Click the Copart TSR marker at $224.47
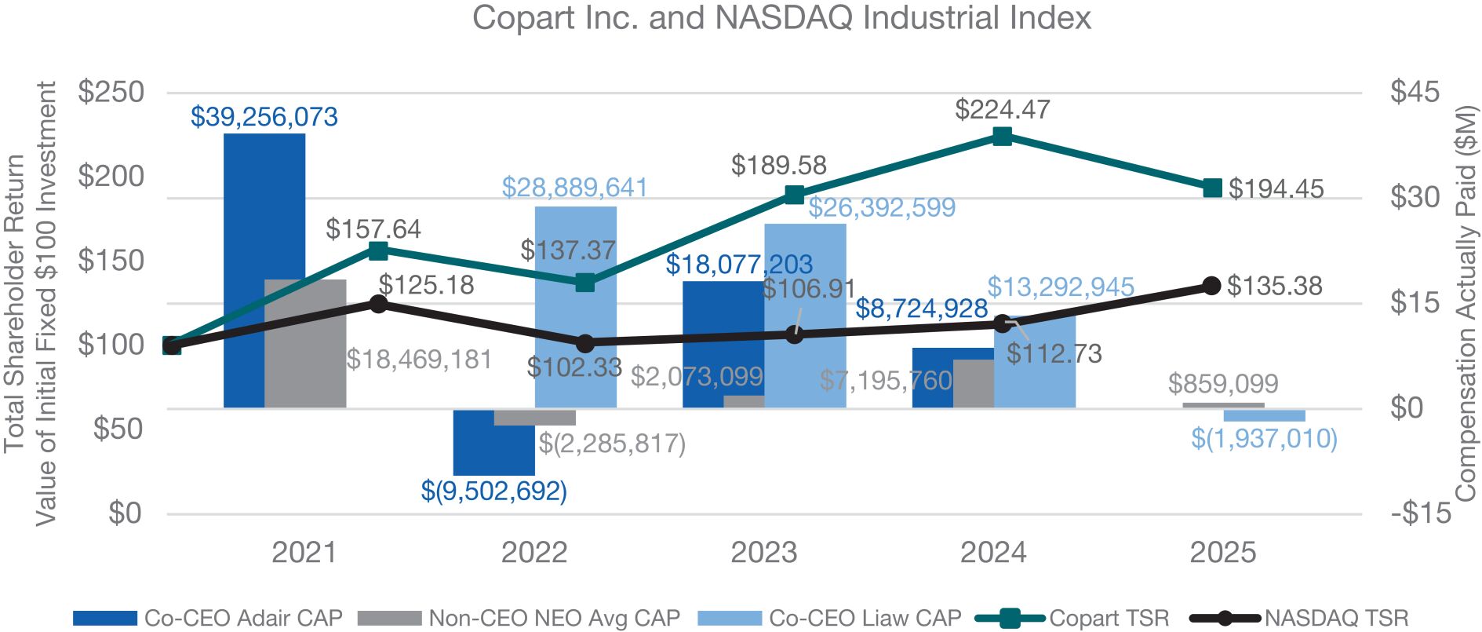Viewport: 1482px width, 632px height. click(x=1002, y=137)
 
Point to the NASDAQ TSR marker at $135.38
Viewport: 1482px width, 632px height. click(x=1211, y=285)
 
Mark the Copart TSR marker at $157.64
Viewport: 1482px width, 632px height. click(x=378, y=251)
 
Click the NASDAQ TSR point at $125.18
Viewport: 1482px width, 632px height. click(x=378, y=304)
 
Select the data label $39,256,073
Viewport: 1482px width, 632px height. click(x=264, y=117)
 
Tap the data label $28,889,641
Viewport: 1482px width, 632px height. click(x=575, y=188)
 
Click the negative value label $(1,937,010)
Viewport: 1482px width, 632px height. click(x=1264, y=438)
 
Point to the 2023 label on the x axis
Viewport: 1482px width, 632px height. click(x=764, y=553)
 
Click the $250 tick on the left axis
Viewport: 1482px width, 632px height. click(x=111, y=92)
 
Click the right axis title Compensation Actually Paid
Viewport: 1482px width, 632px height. click(x=1466, y=302)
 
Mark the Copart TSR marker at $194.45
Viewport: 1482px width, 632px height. click(x=1212, y=188)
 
